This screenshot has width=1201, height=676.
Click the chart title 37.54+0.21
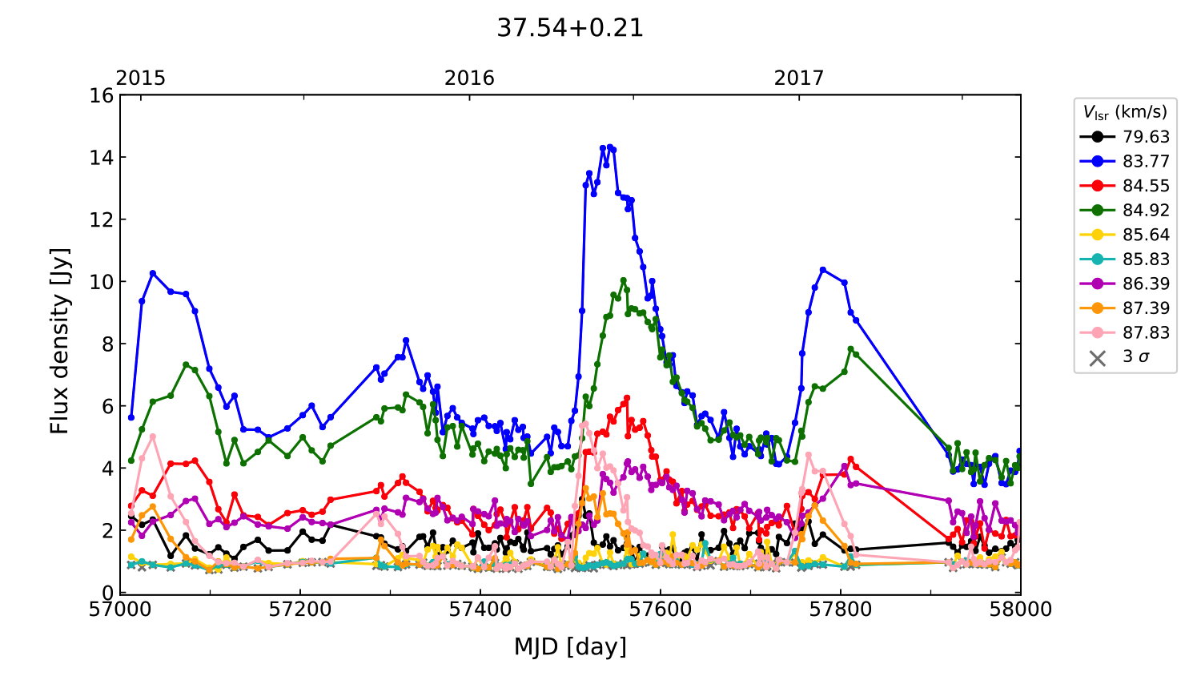569,28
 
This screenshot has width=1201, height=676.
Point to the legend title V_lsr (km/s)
1125,112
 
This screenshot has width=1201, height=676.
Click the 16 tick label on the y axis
102,96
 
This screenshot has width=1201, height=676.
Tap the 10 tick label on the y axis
102,282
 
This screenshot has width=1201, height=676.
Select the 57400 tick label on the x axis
480,610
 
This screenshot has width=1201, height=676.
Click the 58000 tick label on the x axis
1019,610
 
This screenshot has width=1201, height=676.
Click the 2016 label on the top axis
469,78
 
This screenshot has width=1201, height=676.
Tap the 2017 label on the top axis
798,78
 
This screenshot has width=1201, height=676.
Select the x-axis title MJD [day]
570,646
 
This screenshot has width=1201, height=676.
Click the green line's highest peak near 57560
623,280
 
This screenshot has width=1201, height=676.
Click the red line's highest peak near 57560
627,397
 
